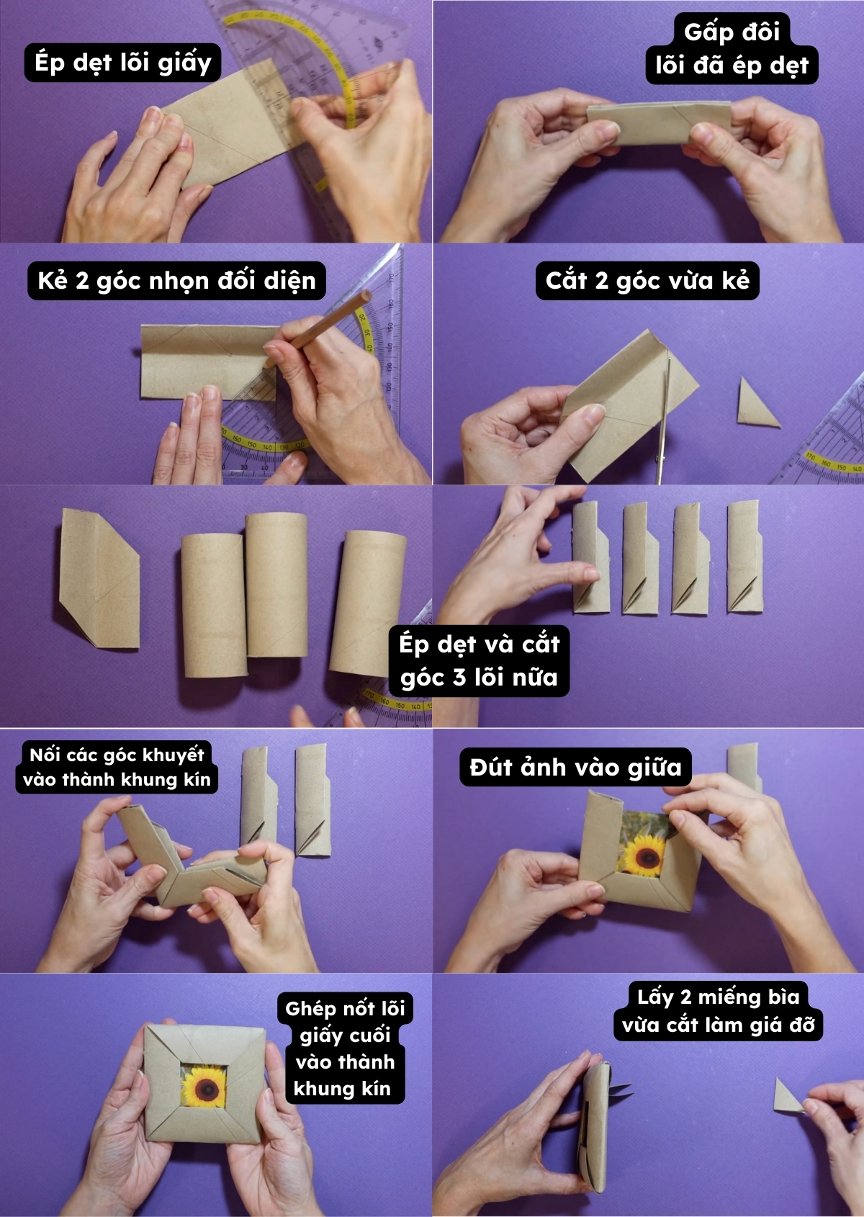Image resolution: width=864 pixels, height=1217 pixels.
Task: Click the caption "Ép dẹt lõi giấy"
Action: point(122,63)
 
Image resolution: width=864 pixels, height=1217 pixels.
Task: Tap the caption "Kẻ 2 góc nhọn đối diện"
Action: point(176,280)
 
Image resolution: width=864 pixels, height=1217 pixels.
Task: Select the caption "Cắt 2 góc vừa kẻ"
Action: point(647,280)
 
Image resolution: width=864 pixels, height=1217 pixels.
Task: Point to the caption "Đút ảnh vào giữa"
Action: point(575,767)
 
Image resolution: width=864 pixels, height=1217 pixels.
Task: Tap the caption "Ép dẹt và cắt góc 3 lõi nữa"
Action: point(479,660)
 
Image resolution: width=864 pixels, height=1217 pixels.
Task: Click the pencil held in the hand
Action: point(318,328)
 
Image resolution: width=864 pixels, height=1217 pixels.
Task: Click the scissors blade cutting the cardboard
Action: point(665,418)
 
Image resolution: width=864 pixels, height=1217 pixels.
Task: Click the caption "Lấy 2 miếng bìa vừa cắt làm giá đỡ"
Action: point(718,1010)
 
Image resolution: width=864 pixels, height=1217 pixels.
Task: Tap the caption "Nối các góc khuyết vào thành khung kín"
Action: point(117,767)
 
